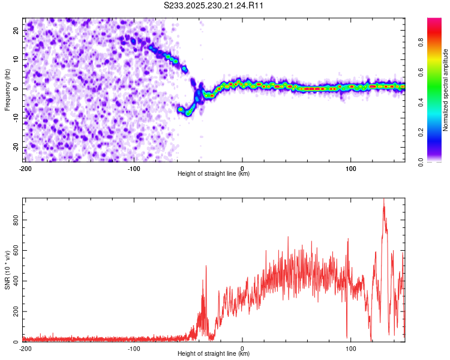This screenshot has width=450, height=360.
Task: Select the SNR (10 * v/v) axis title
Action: (x=7, y=270)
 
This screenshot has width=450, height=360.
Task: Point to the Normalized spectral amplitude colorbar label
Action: (x=446, y=90)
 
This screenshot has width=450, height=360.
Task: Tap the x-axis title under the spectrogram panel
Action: (x=214, y=174)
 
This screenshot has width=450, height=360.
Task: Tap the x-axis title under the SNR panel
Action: (x=214, y=354)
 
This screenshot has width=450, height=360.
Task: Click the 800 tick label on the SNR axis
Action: (x=14, y=220)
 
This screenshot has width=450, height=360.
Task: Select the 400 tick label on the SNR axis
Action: (x=14, y=281)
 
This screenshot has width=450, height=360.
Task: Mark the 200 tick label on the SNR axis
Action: (x=14, y=312)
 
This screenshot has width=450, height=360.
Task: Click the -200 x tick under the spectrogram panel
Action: (x=25, y=168)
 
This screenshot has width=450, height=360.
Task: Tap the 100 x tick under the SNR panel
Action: (x=351, y=348)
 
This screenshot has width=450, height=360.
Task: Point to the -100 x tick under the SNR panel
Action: (x=134, y=348)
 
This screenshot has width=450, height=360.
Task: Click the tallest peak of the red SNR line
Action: (x=383, y=200)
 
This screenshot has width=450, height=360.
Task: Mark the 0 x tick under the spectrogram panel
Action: (x=242, y=168)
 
